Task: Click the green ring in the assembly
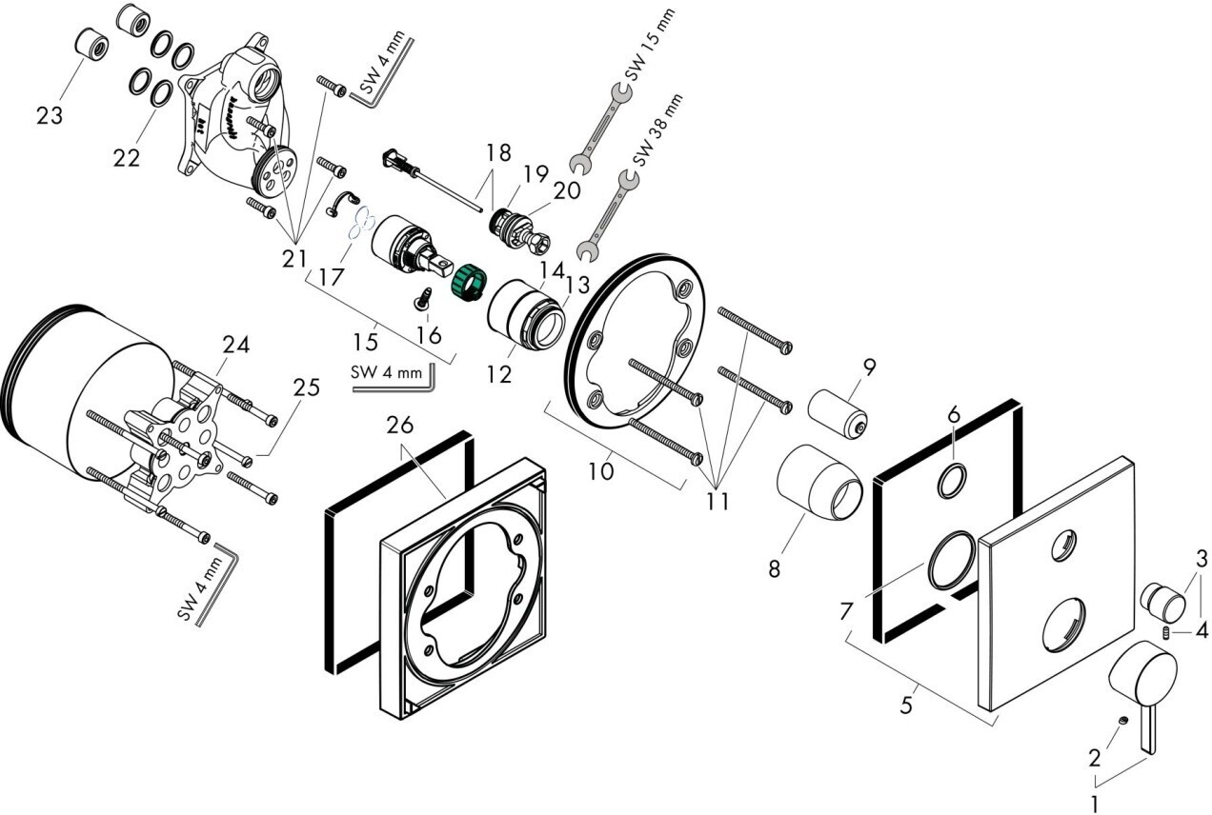[469, 283]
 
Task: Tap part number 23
[50, 115]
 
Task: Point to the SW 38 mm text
[657, 130]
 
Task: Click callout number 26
[400, 425]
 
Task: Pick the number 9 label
[870, 368]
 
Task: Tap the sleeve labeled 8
[819, 482]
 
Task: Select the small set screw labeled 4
[1166, 633]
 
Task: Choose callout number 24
[236, 344]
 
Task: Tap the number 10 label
[601, 471]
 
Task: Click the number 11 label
[717, 502]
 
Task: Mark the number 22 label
[127, 158]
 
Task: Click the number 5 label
[906, 706]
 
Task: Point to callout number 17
[332, 277]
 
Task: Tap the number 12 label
[499, 374]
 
